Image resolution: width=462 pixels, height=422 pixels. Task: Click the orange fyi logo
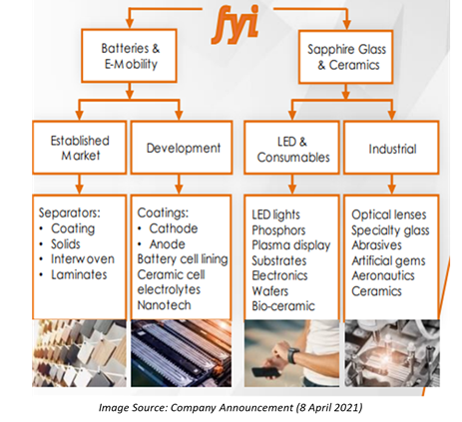235,25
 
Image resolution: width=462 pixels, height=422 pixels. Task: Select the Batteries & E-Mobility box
129,56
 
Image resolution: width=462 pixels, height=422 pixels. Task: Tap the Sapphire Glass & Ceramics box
346,57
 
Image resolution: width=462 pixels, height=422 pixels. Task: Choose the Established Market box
80,148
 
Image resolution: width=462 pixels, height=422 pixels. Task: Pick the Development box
182,148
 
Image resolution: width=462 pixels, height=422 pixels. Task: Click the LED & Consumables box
292,148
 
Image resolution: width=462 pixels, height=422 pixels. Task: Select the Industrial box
391,148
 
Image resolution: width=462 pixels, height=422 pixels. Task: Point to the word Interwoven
83,259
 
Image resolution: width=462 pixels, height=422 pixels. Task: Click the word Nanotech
164,305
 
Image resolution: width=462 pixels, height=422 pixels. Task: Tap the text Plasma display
291,245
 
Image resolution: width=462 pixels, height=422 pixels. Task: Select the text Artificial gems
388,261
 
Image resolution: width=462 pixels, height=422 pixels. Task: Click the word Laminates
79,274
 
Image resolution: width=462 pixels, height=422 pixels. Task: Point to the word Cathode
174,228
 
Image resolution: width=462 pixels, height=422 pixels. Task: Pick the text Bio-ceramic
283,306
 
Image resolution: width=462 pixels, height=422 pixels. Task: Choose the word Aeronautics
383,275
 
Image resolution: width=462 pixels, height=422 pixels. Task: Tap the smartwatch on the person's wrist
293,355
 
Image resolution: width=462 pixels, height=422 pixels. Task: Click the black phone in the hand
265,371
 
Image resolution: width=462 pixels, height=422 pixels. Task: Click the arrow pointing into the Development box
179,110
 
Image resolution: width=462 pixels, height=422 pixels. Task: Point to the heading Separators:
69,212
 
